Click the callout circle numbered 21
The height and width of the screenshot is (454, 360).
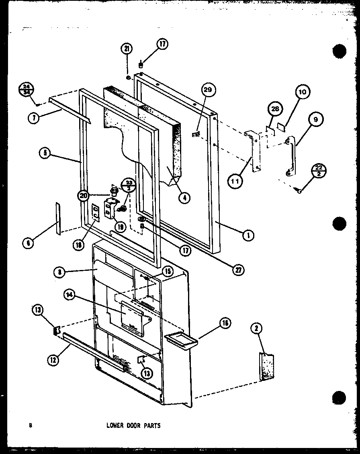coord(127,49)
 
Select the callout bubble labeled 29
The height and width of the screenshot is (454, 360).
coord(209,91)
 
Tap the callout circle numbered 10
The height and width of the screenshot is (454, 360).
coord(302,92)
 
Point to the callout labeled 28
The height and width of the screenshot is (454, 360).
coord(275,109)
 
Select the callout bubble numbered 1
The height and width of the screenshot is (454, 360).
coord(247,236)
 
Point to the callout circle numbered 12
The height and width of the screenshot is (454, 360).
coord(52,360)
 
